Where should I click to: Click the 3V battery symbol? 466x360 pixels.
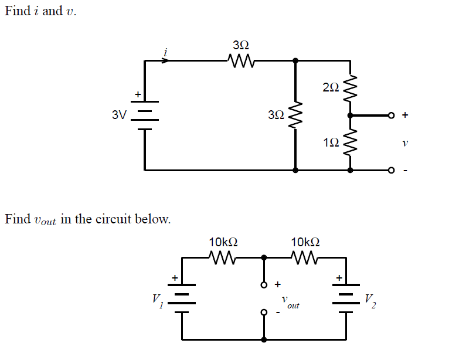tap(145, 115)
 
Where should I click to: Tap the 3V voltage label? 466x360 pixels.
tap(119, 115)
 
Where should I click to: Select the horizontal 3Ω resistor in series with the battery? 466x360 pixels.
tap(240, 60)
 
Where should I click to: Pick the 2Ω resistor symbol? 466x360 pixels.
tap(351, 87)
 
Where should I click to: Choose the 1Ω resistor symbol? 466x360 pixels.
tap(351, 142)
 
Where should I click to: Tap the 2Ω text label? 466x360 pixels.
tap(331, 88)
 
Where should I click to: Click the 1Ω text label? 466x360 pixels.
tap(331, 142)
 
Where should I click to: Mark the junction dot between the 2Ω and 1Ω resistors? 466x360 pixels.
tap(351, 116)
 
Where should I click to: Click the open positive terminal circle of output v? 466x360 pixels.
tap(391, 116)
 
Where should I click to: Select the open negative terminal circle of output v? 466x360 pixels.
tap(391, 171)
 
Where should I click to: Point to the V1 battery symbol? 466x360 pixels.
tap(182, 298)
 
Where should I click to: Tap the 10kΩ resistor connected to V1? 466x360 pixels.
tap(223, 257)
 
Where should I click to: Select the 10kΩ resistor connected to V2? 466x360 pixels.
tap(305, 257)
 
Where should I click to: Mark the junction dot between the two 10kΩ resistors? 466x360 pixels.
tap(264, 257)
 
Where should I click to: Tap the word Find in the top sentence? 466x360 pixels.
tap(17, 11)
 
